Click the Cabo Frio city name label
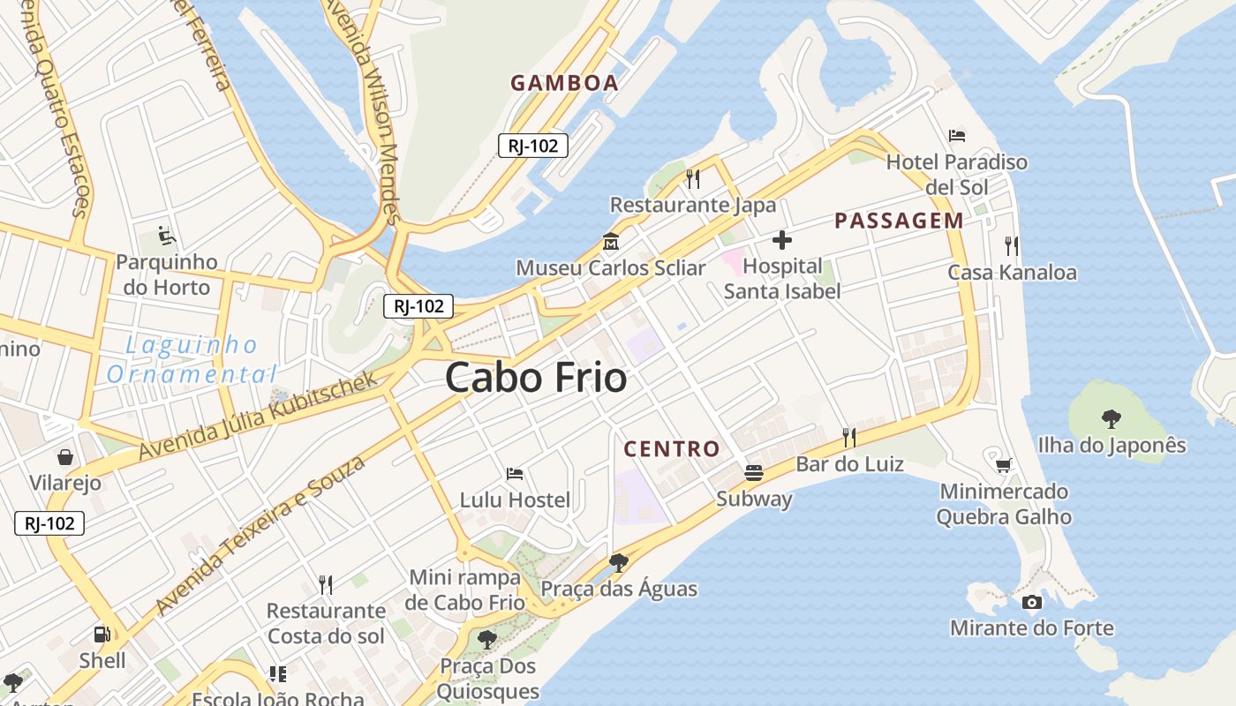click(536, 378)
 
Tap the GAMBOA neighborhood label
click(564, 83)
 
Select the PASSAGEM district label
click(899, 221)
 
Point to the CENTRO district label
click(672, 448)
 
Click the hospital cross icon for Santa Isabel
click(781, 239)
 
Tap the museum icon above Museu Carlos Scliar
click(610, 241)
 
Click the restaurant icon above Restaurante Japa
click(693, 179)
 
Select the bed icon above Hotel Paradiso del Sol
click(957, 136)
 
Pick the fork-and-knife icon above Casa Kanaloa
click(1012, 245)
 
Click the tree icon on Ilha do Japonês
click(1112, 418)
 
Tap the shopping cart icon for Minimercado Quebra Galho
click(1003, 465)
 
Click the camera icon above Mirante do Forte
click(1031, 602)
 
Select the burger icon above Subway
click(754, 472)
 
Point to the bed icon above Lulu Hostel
click(515, 474)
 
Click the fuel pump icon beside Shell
click(102, 634)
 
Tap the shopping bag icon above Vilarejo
click(65, 456)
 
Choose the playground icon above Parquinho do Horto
click(166, 236)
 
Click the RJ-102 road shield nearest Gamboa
click(532, 146)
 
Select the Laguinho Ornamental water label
click(192, 359)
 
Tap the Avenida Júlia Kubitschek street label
click(258, 415)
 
